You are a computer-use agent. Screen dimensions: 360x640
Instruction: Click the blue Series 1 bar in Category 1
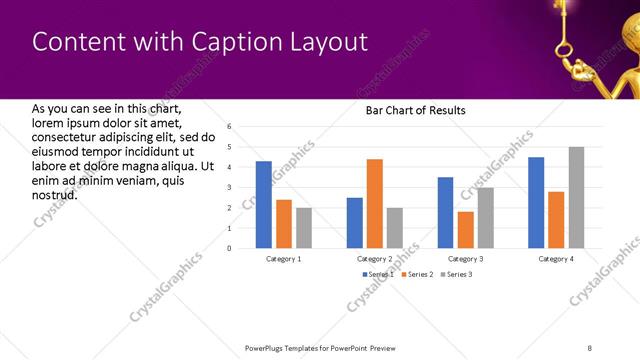point(264,204)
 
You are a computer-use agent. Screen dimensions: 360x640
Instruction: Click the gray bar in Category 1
point(304,227)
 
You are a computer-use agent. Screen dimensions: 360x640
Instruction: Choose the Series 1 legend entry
point(376,273)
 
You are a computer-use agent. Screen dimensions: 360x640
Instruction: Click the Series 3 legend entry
point(455,273)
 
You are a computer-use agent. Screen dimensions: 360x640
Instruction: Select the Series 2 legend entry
point(415,273)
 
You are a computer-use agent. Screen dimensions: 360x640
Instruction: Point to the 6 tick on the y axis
point(229,127)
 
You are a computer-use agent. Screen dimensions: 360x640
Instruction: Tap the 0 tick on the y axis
point(229,248)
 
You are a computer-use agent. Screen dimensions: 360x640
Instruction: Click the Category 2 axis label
point(374,258)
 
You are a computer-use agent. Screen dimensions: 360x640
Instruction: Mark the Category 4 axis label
point(556,258)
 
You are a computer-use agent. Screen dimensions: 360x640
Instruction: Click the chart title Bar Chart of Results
point(415,109)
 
